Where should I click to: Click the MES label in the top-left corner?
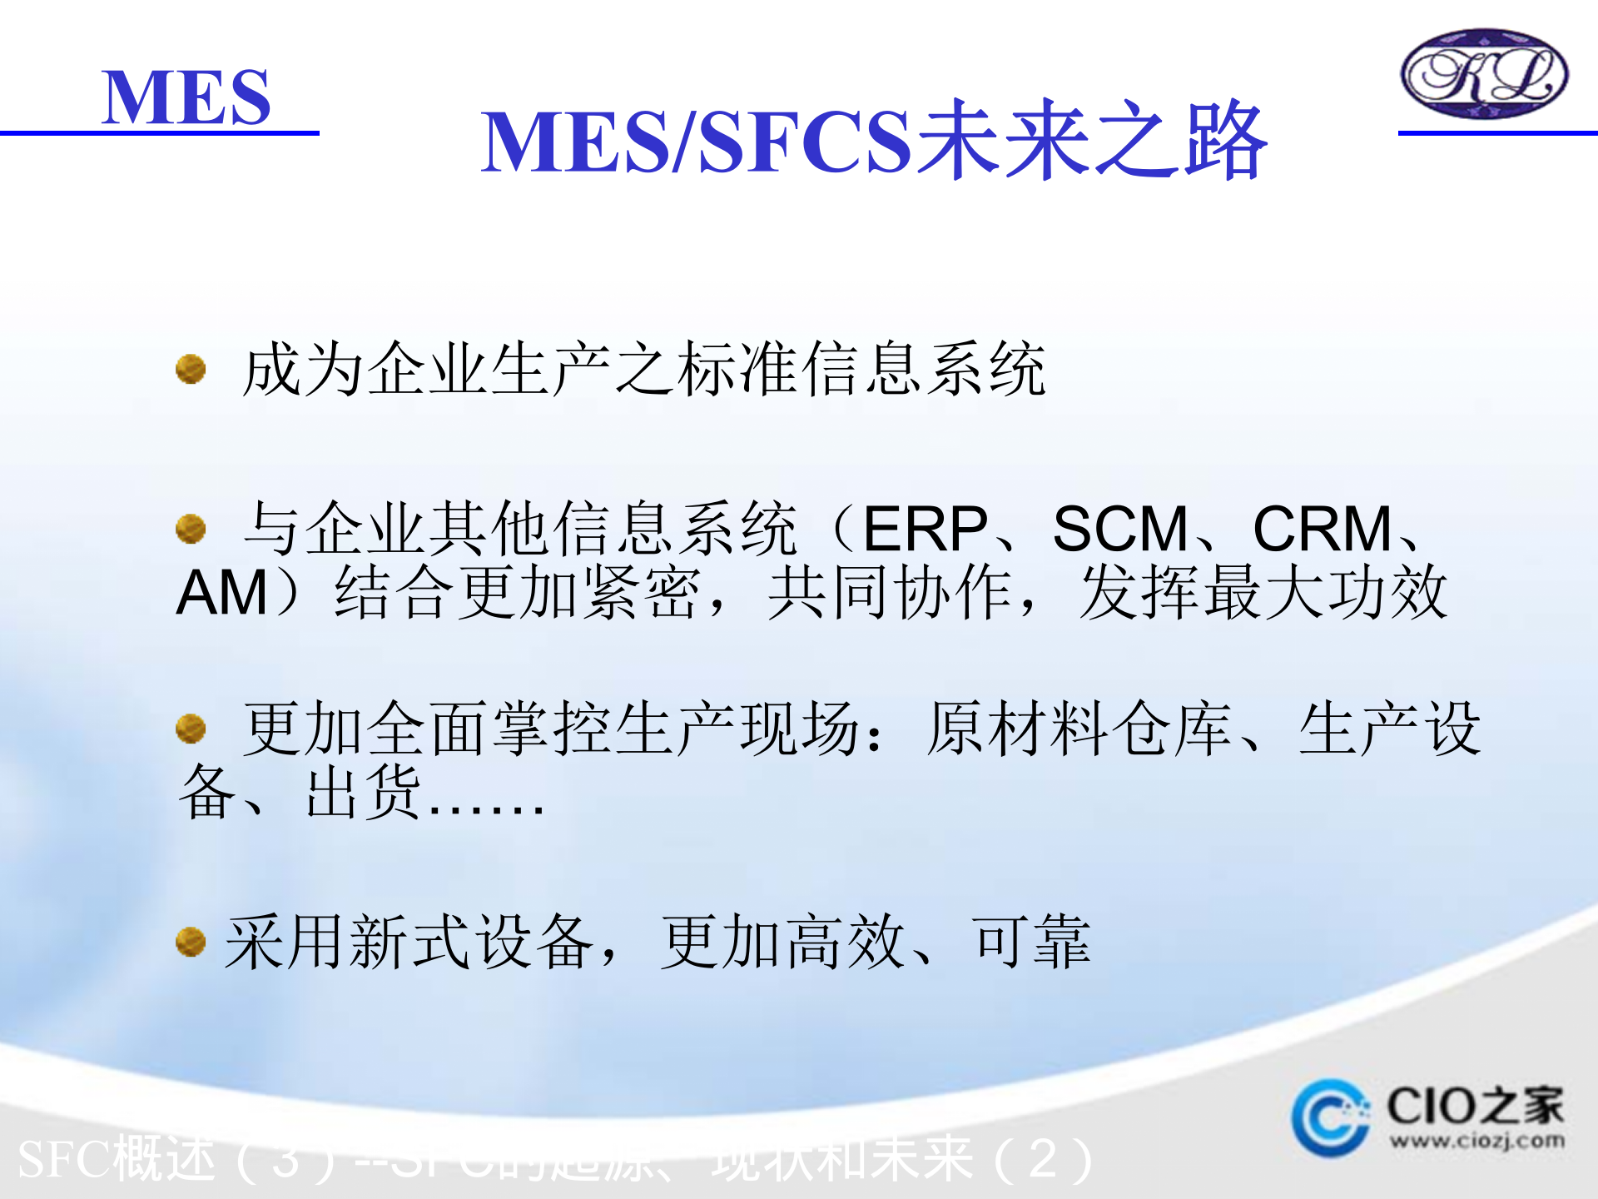click(186, 97)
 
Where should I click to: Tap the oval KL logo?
click(1484, 74)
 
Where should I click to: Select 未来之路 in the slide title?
click(1091, 140)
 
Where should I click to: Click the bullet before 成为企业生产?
click(191, 369)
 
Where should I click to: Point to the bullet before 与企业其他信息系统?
click(191, 528)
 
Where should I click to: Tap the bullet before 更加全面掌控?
click(191, 729)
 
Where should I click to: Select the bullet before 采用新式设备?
click(191, 942)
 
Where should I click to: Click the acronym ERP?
click(925, 529)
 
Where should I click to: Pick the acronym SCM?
click(1120, 529)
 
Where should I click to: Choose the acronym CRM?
click(1323, 529)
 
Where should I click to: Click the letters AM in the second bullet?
click(221, 593)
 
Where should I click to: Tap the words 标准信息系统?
click(861, 369)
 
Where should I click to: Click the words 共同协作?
click(891, 593)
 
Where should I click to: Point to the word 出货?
click(364, 793)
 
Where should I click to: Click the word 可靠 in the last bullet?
click(1031, 942)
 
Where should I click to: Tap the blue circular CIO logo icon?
click(1330, 1118)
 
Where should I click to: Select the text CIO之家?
click(1475, 1106)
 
